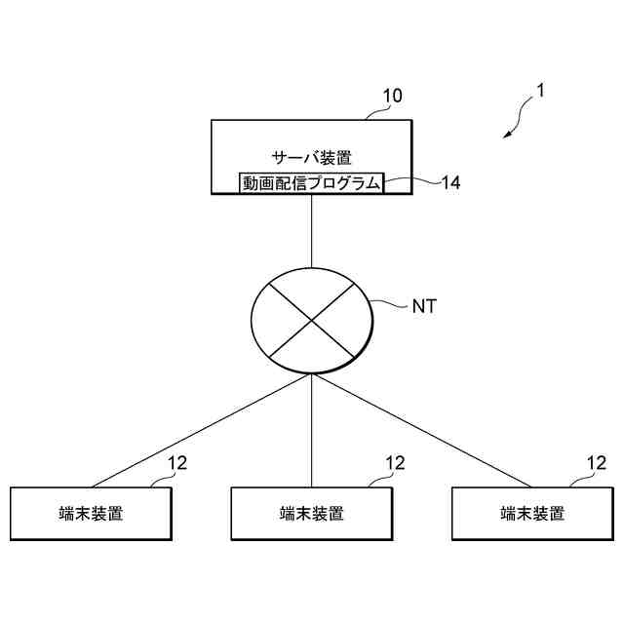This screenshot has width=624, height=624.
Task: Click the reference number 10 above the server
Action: click(392, 97)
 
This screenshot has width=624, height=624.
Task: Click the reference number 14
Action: click(450, 182)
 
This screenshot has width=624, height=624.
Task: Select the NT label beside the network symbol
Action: click(424, 306)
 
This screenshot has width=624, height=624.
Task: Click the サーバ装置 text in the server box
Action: click(311, 156)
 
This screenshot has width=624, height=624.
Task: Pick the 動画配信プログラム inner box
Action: click(311, 182)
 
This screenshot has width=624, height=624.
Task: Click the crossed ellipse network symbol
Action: click(311, 319)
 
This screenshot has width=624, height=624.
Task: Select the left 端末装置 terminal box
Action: click(91, 513)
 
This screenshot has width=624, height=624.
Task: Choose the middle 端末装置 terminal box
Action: click(311, 513)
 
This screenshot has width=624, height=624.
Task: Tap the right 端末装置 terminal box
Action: click(532, 513)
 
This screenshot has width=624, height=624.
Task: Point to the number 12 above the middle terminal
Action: click(395, 464)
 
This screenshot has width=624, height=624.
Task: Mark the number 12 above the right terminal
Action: click(596, 464)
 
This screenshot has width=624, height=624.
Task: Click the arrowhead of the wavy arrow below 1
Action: click(507, 136)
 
